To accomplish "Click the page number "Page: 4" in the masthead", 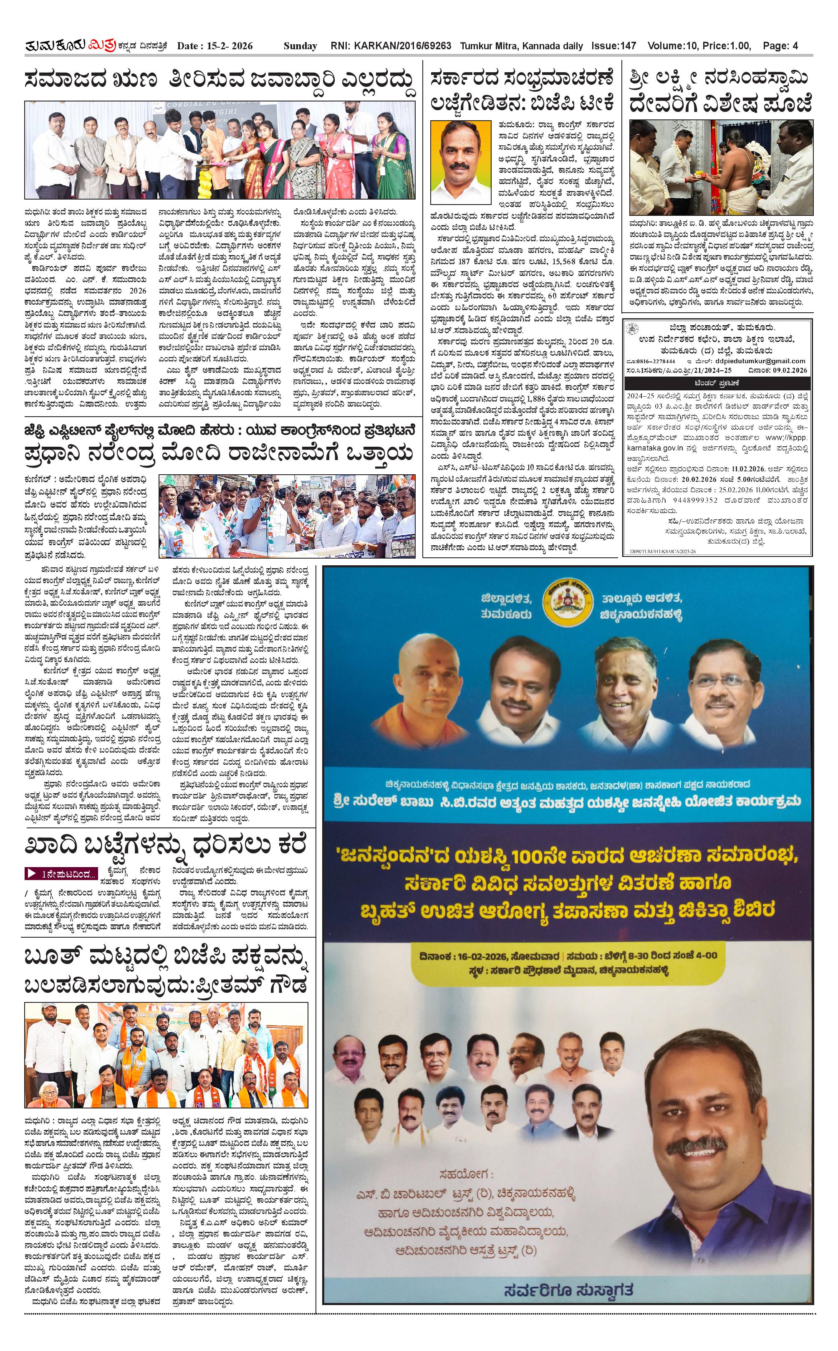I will [x=780, y=46].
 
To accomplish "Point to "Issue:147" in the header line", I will [x=613, y=46].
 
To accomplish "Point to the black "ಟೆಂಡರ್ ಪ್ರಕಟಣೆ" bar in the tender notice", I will [x=717, y=383].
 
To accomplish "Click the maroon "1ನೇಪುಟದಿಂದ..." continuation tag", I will [x=61, y=874].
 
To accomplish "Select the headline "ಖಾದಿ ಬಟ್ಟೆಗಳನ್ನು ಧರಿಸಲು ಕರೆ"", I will [x=164, y=847].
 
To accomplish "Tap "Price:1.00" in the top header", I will [x=726, y=46].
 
